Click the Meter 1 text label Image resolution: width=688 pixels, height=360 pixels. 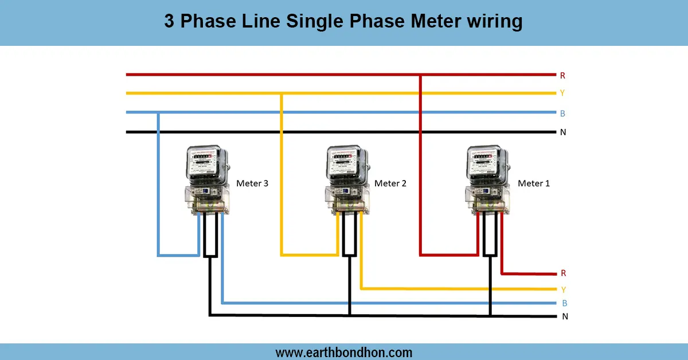(x=533, y=183)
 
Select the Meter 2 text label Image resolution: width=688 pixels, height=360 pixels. (x=390, y=183)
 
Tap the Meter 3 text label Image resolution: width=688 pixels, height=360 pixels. (x=252, y=183)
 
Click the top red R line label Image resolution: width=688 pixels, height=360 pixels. (x=562, y=75)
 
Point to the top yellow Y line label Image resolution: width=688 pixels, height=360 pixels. (x=562, y=93)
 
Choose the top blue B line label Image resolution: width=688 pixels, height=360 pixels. (x=562, y=114)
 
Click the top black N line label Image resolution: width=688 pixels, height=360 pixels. (x=562, y=132)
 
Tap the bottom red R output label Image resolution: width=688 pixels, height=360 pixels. (x=563, y=273)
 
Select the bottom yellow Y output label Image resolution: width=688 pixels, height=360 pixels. (x=563, y=289)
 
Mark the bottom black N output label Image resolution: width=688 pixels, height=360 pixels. (x=565, y=316)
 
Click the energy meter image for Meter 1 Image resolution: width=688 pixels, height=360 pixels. (x=487, y=180)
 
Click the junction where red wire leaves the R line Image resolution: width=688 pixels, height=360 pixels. (x=421, y=75)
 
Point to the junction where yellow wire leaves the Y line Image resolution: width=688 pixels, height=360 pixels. (x=281, y=93)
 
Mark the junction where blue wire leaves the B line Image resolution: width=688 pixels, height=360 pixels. (x=158, y=113)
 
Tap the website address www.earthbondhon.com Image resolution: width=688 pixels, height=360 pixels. (x=343, y=352)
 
